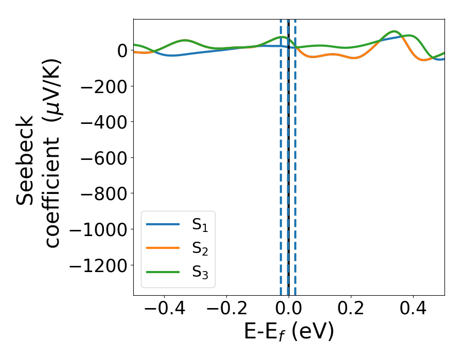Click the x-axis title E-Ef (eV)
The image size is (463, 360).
click(289, 331)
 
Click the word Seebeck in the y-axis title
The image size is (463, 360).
click(26, 160)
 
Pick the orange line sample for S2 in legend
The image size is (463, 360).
click(163, 248)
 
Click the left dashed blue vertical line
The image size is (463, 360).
click(281, 154)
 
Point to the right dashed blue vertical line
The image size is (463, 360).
click(295, 154)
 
